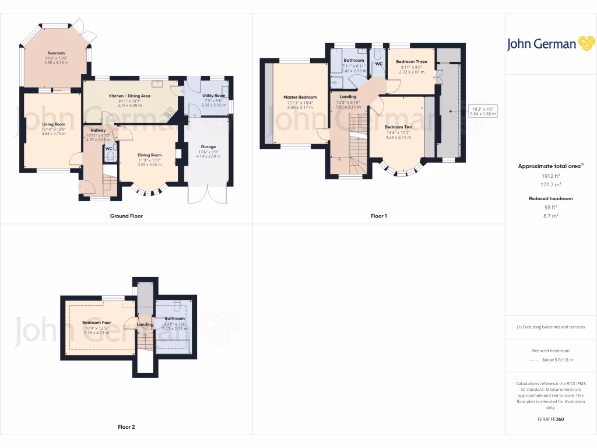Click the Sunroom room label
click(x=56, y=53)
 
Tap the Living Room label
click(x=53, y=124)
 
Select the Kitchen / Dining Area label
click(x=130, y=95)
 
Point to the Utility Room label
click(x=213, y=95)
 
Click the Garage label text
click(x=208, y=147)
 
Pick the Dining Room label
click(x=150, y=155)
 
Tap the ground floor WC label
click(x=109, y=149)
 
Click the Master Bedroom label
click(x=300, y=97)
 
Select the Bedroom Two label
click(x=398, y=127)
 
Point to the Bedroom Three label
click(x=412, y=62)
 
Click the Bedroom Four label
click(x=96, y=323)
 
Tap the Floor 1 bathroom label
click(x=353, y=61)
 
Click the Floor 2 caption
click(x=127, y=427)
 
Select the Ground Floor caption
click(x=127, y=216)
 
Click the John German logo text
click(x=541, y=44)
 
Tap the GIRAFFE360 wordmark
click(x=551, y=419)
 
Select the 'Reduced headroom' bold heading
click(x=550, y=198)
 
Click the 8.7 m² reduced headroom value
click(x=551, y=216)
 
